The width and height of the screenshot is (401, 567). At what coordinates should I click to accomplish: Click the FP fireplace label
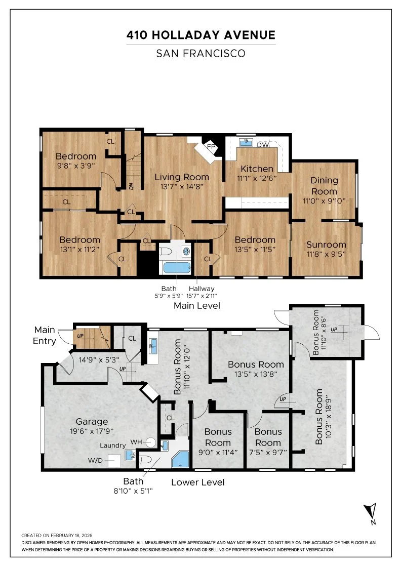click(211, 146)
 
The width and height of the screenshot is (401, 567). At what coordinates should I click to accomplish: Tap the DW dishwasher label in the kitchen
click(263, 145)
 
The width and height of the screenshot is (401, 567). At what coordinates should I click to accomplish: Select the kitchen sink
click(247, 142)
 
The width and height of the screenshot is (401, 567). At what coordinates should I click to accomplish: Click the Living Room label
click(182, 177)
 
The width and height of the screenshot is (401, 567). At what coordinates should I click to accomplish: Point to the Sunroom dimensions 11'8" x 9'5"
click(326, 254)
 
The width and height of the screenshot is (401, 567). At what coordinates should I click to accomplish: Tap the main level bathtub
click(177, 268)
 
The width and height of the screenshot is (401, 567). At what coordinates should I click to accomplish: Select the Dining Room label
click(325, 186)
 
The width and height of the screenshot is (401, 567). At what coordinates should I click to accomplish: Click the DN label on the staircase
click(131, 186)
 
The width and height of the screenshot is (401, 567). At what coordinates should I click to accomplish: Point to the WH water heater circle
click(151, 442)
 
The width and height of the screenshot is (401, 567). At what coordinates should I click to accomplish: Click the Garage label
click(92, 422)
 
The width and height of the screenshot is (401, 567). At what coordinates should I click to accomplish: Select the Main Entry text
click(45, 335)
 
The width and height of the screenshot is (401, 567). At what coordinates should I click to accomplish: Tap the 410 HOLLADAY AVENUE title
click(201, 35)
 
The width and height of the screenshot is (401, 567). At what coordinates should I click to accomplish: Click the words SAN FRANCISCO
click(201, 54)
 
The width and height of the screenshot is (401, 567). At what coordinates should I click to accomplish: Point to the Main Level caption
click(197, 306)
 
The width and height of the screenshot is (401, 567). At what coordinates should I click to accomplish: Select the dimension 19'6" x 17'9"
click(92, 431)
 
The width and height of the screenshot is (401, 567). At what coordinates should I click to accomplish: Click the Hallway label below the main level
click(202, 289)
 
